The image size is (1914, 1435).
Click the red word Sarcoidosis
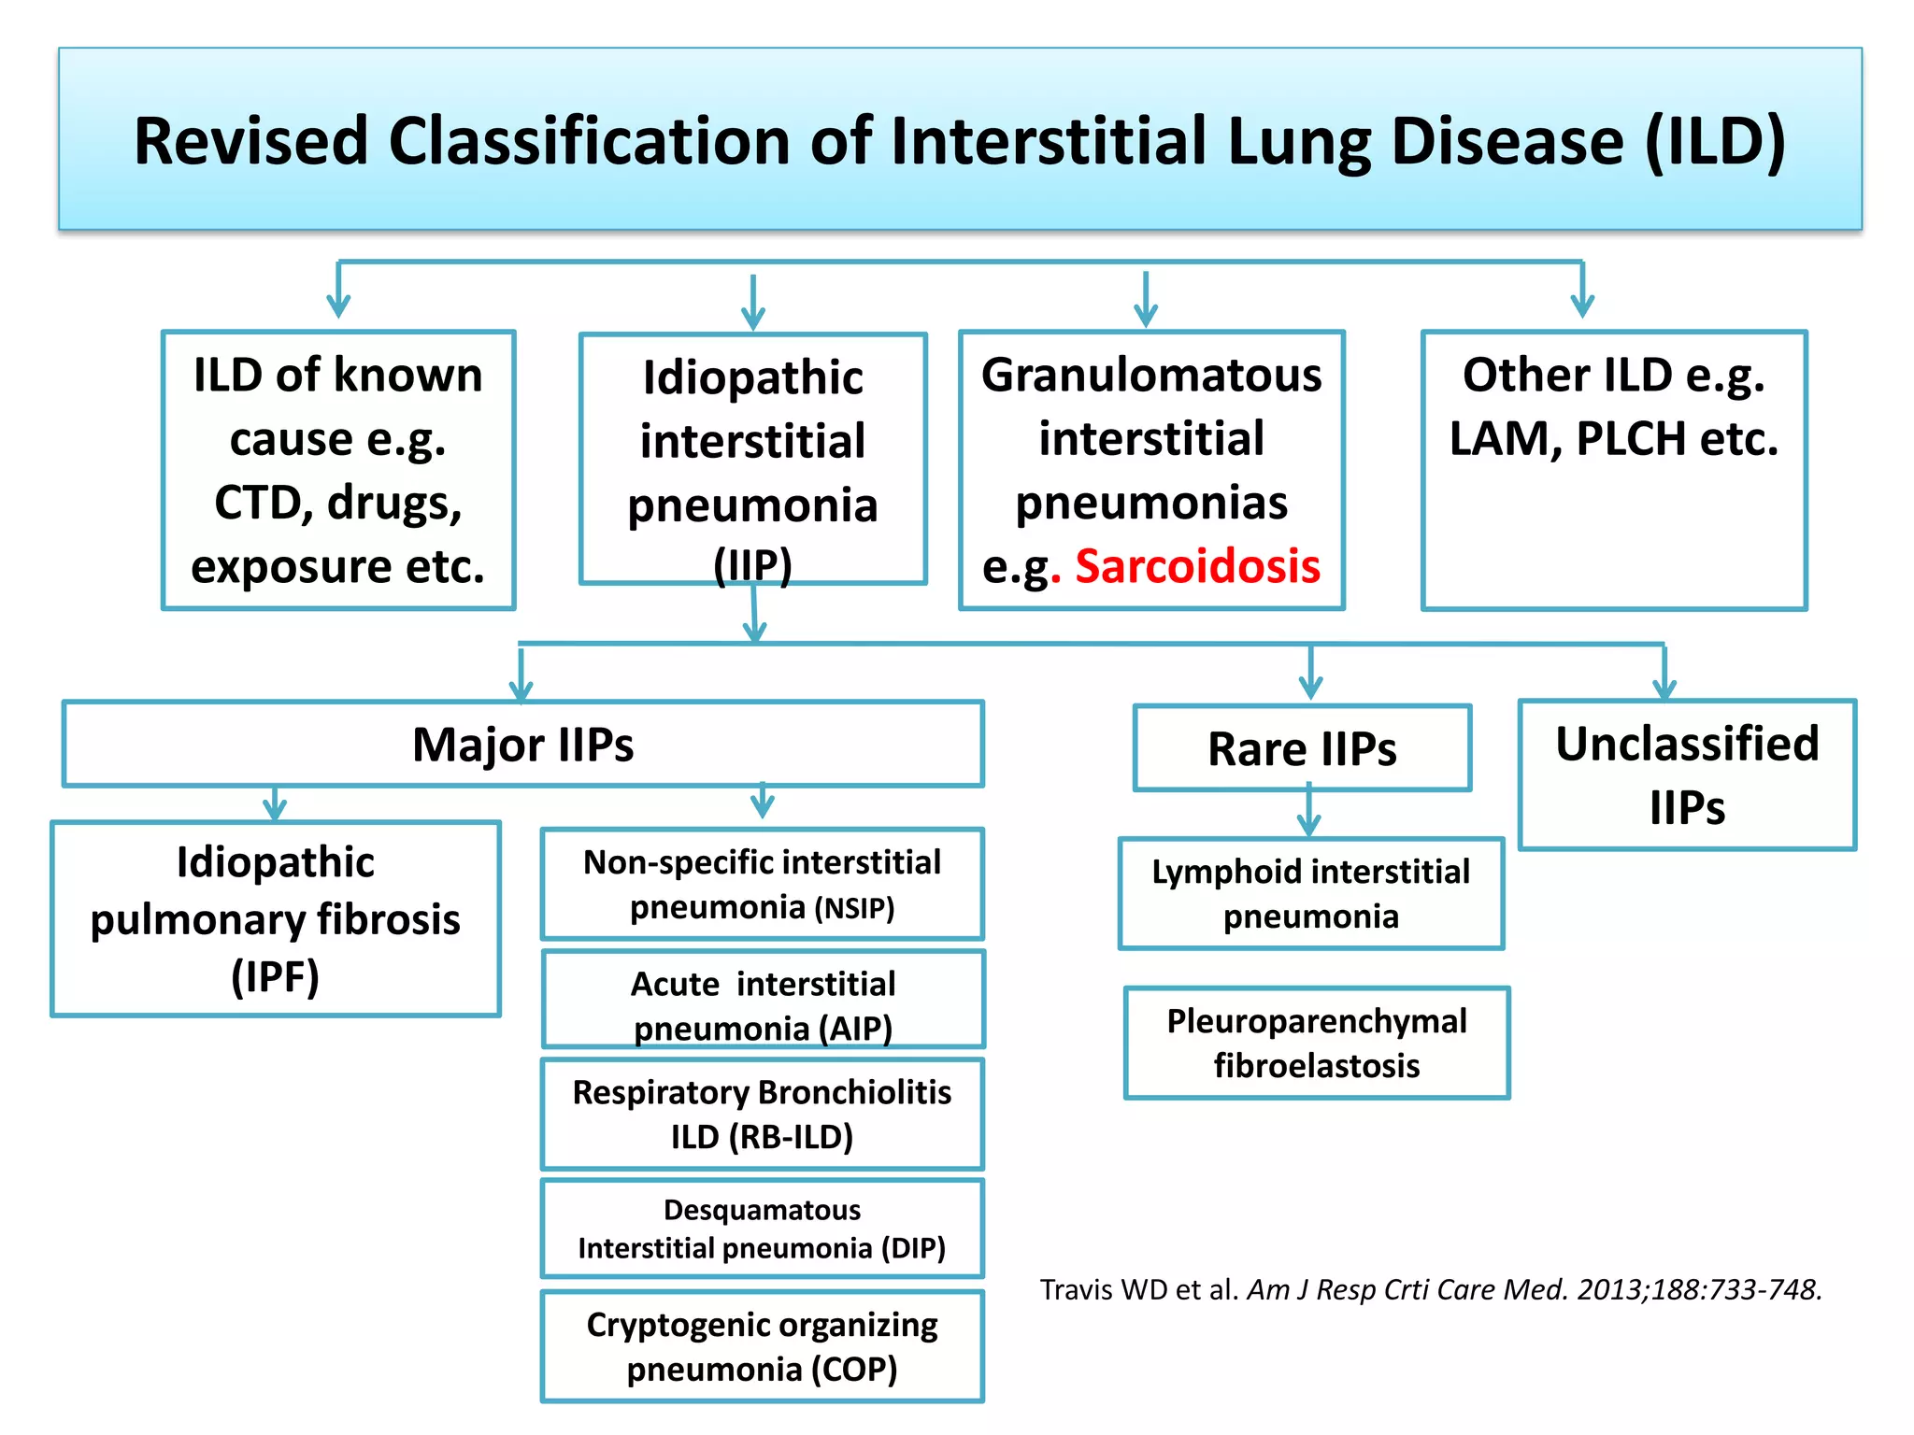1197,566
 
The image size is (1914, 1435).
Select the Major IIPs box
522,745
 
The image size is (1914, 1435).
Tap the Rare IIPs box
1302,748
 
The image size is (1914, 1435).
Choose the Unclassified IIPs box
1687,774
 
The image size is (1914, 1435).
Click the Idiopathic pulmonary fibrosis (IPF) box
276,918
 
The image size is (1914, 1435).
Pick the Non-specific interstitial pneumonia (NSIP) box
762,884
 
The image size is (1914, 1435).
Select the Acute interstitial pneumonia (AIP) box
763,1001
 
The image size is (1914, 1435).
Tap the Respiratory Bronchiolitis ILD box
762,1114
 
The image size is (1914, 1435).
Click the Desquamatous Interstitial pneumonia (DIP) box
762,1229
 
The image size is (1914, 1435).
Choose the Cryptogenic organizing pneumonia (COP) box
762,1346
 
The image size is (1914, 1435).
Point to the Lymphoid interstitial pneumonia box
1310,893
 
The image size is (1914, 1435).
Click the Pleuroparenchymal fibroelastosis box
1316,1043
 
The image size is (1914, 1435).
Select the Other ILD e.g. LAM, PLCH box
1614,470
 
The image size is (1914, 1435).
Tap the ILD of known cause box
338,470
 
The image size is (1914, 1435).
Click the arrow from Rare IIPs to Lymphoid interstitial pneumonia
1308,811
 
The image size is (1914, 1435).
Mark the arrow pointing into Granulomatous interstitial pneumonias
1146,299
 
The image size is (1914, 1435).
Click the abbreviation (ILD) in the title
1715,141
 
